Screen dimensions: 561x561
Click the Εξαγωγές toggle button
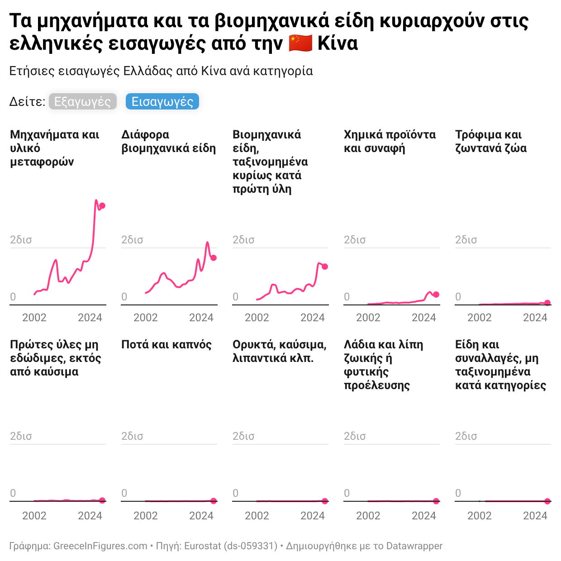point(82,102)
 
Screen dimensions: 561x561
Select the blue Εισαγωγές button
point(162,102)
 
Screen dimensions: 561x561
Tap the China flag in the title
point(300,43)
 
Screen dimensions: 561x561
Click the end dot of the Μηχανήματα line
point(102,206)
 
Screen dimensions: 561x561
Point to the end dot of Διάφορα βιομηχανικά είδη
point(214,258)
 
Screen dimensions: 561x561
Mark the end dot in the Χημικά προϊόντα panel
point(436,295)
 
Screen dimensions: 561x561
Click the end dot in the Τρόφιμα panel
point(547,303)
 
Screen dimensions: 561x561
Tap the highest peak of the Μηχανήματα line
point(96,200)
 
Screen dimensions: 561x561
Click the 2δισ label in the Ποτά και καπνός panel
point(132,436)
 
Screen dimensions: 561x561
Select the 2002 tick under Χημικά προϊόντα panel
point(368,318)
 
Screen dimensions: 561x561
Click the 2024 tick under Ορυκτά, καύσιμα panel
point(313,516)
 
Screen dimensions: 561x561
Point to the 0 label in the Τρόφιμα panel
point(458,297)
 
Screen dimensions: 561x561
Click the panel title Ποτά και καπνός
point(166,345)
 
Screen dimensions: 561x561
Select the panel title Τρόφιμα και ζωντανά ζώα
point(491,142)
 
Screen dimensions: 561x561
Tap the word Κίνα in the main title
point(338,43)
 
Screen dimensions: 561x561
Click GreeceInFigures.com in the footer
point(100,546)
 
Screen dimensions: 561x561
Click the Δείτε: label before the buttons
point(27,102)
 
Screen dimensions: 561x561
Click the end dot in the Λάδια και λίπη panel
point(436,501)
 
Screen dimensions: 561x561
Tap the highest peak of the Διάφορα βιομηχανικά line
point(208,242)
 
